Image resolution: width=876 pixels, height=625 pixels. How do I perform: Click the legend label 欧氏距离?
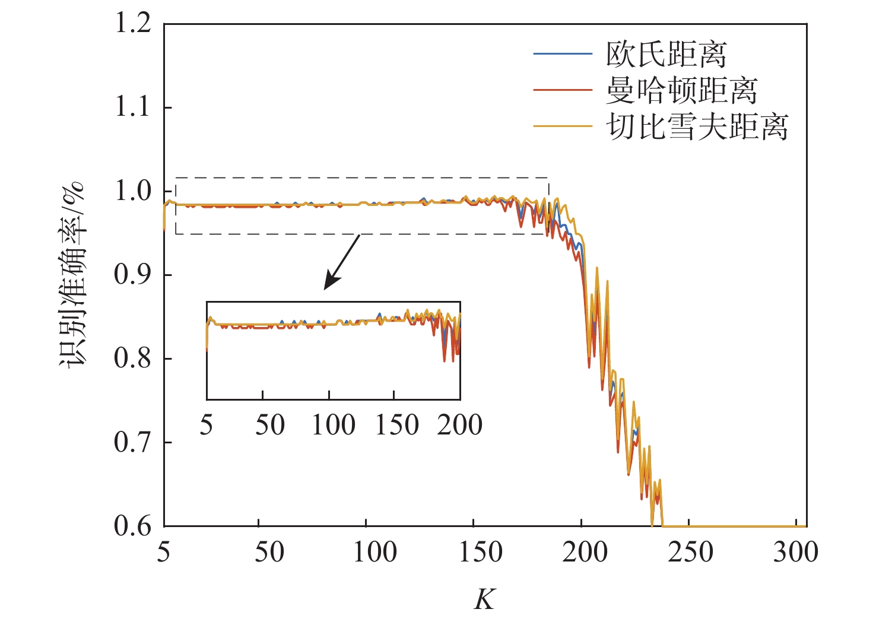point(666,55)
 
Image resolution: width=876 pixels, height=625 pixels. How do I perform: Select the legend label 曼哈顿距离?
point(681,90)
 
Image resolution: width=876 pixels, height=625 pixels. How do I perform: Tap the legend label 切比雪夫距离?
point(697,126)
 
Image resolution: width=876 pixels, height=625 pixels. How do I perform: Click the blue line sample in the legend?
point(562,54)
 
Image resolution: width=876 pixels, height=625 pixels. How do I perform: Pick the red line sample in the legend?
point(562,90)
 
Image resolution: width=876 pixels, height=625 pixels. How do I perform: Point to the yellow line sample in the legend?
point(562,126)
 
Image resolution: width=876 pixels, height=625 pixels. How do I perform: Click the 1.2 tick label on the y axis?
point(132,24)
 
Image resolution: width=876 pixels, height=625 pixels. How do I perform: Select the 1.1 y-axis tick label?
point(132,108)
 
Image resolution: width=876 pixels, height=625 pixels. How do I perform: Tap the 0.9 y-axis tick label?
point(132,275)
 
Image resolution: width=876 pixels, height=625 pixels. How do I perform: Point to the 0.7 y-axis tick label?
point(132,443)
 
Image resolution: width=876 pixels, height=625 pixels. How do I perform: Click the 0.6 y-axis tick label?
point(132,526)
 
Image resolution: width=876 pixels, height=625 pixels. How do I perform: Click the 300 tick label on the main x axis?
point(795,553)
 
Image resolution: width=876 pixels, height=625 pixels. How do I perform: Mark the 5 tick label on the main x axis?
point(164,553)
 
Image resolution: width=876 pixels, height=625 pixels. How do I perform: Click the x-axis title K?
point(484,599)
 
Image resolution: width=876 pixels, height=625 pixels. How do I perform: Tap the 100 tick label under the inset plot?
point(334,425)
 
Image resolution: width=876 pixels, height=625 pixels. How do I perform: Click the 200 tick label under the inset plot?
point(459,425)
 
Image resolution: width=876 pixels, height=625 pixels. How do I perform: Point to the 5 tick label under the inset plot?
point(206,425)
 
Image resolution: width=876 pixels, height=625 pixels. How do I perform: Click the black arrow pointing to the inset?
point(342,262)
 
